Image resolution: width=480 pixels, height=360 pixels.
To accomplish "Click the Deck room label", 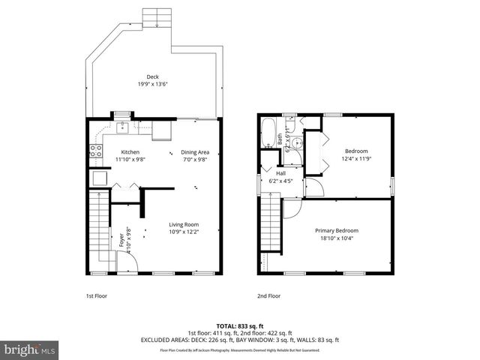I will click(153, 76).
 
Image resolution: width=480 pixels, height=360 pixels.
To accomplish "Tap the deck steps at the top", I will click(158, 17).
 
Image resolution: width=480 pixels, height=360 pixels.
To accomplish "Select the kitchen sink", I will click(122, 128).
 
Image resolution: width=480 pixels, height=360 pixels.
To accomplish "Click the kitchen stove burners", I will click(96, 148).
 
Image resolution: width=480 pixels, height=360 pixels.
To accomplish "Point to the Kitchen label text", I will click(130, 152).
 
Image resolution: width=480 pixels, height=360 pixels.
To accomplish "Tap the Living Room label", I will click(183, 224).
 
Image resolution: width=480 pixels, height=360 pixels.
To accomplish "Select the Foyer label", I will click(121, 241).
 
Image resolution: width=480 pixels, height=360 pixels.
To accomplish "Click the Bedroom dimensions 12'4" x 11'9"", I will click(356, 158).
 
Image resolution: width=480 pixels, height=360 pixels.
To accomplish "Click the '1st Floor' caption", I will click(96, 295).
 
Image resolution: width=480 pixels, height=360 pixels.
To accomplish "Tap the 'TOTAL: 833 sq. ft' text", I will click(239, 325).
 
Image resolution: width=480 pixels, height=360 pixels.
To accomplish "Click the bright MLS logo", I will click(29, 349).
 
